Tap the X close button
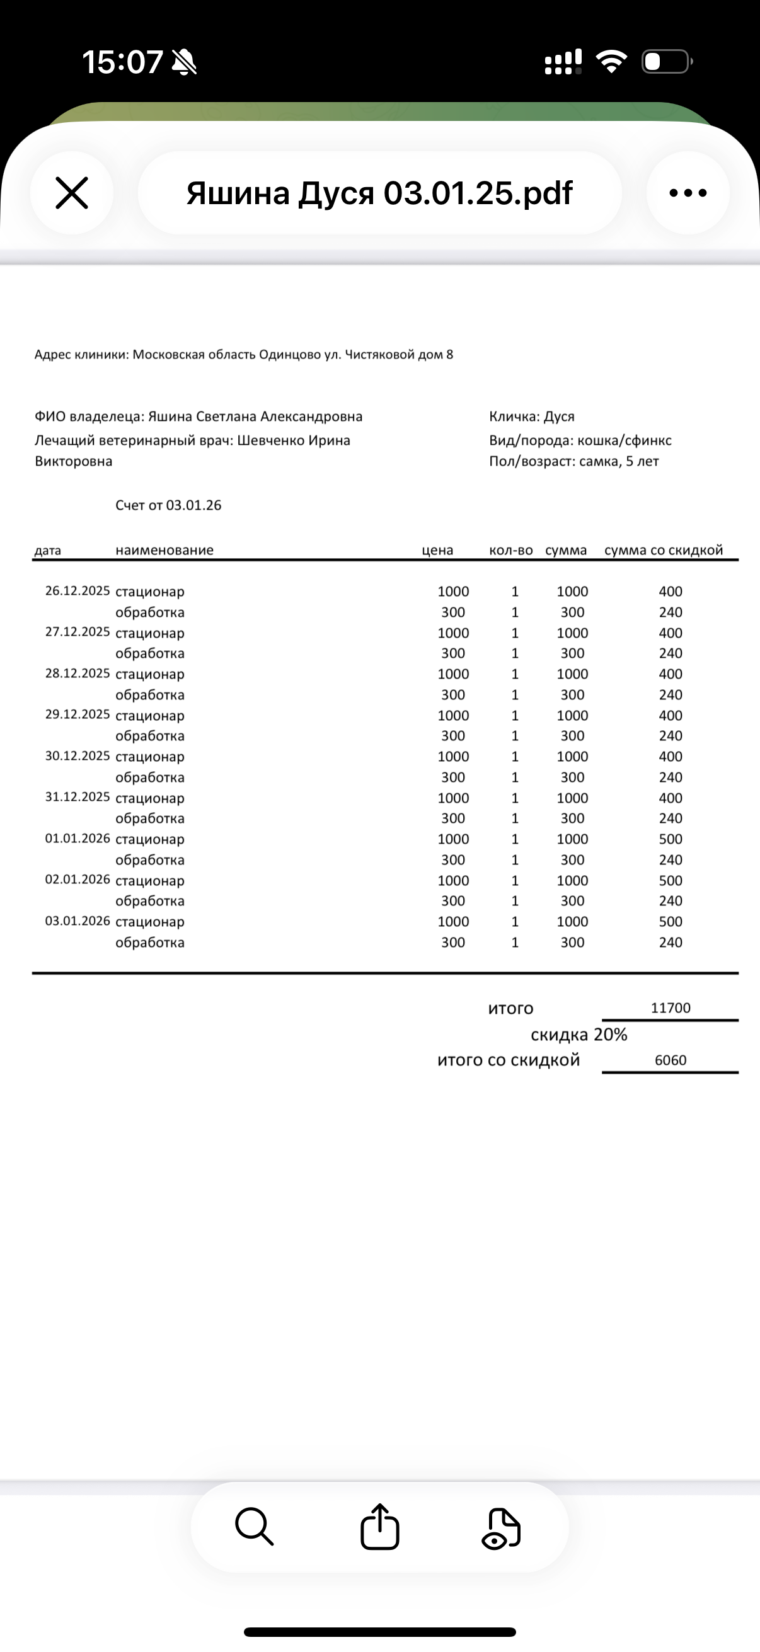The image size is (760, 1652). coord(71,193)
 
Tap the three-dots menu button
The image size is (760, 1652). coord(688,193)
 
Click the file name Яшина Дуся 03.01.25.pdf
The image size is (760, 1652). coord(379,193)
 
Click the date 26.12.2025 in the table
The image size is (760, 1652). coord(78,590)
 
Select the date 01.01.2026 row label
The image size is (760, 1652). coord(78,839)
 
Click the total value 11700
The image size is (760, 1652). coord(671,1007)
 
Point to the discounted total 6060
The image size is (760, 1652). coord(671,1060)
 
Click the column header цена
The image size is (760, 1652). coord(437,550)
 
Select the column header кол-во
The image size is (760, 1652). coord(510,550)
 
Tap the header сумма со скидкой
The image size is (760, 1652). coord(663,550)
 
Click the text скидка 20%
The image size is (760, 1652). coord(579,1035)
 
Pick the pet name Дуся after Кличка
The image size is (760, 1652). coord(559,417)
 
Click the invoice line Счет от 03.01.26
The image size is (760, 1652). coord(168,505)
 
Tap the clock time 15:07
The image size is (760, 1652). coord(122,62)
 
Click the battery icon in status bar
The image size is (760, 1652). coord(666,62)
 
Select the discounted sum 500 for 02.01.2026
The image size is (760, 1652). coord(671,881)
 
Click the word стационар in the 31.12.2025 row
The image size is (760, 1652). coord(149,798)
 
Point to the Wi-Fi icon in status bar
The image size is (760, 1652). coord(611,62)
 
